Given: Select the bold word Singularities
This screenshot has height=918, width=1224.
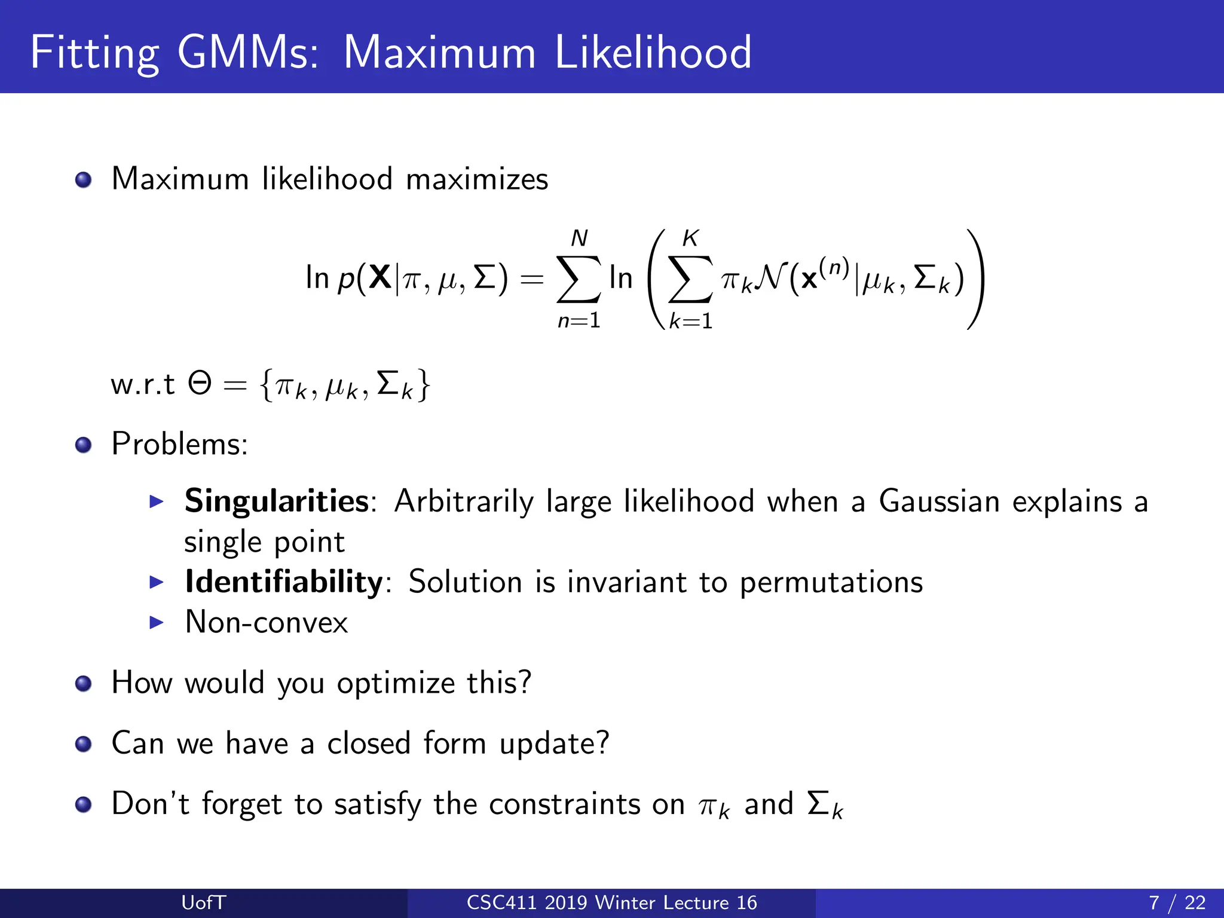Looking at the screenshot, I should (277, 501).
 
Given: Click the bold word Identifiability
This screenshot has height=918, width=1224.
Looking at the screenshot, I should (284, 582).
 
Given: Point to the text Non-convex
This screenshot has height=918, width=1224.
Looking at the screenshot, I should (267, 622).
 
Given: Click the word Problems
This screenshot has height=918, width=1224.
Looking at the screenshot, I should (179, 444).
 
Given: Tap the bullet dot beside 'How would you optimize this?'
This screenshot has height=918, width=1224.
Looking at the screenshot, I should (84, 683).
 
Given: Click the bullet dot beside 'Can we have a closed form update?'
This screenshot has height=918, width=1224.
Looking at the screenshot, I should (84, 744).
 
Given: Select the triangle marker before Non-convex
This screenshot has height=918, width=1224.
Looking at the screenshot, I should (157, 623).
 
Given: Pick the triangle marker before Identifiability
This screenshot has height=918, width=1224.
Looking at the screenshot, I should (157, 582).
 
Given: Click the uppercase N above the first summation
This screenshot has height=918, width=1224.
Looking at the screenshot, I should (579, 238).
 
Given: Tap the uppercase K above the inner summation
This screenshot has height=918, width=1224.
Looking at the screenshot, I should (690, 238).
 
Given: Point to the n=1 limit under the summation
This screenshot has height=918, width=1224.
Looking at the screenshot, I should (579, 321).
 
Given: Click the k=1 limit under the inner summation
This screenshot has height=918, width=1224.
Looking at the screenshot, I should (691, 322).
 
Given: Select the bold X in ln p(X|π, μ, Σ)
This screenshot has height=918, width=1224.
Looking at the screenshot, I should (380, 277).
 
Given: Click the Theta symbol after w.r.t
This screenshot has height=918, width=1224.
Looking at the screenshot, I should (200, 383).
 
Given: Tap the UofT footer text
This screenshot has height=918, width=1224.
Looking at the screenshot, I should (203, 902).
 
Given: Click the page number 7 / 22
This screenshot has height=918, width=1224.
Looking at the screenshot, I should (1177, 902).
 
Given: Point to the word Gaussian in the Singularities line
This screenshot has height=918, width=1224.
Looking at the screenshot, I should (939, 501).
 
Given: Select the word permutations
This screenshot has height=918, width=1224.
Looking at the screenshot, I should (831, 582).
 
